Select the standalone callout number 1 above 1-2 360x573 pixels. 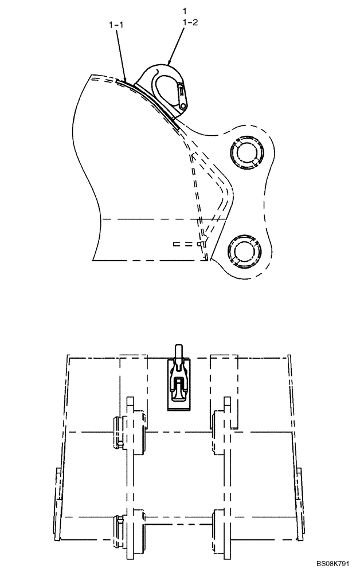(185, 11)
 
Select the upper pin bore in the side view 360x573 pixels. (246, 154)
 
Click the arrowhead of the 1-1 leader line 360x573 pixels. (125, 79)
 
